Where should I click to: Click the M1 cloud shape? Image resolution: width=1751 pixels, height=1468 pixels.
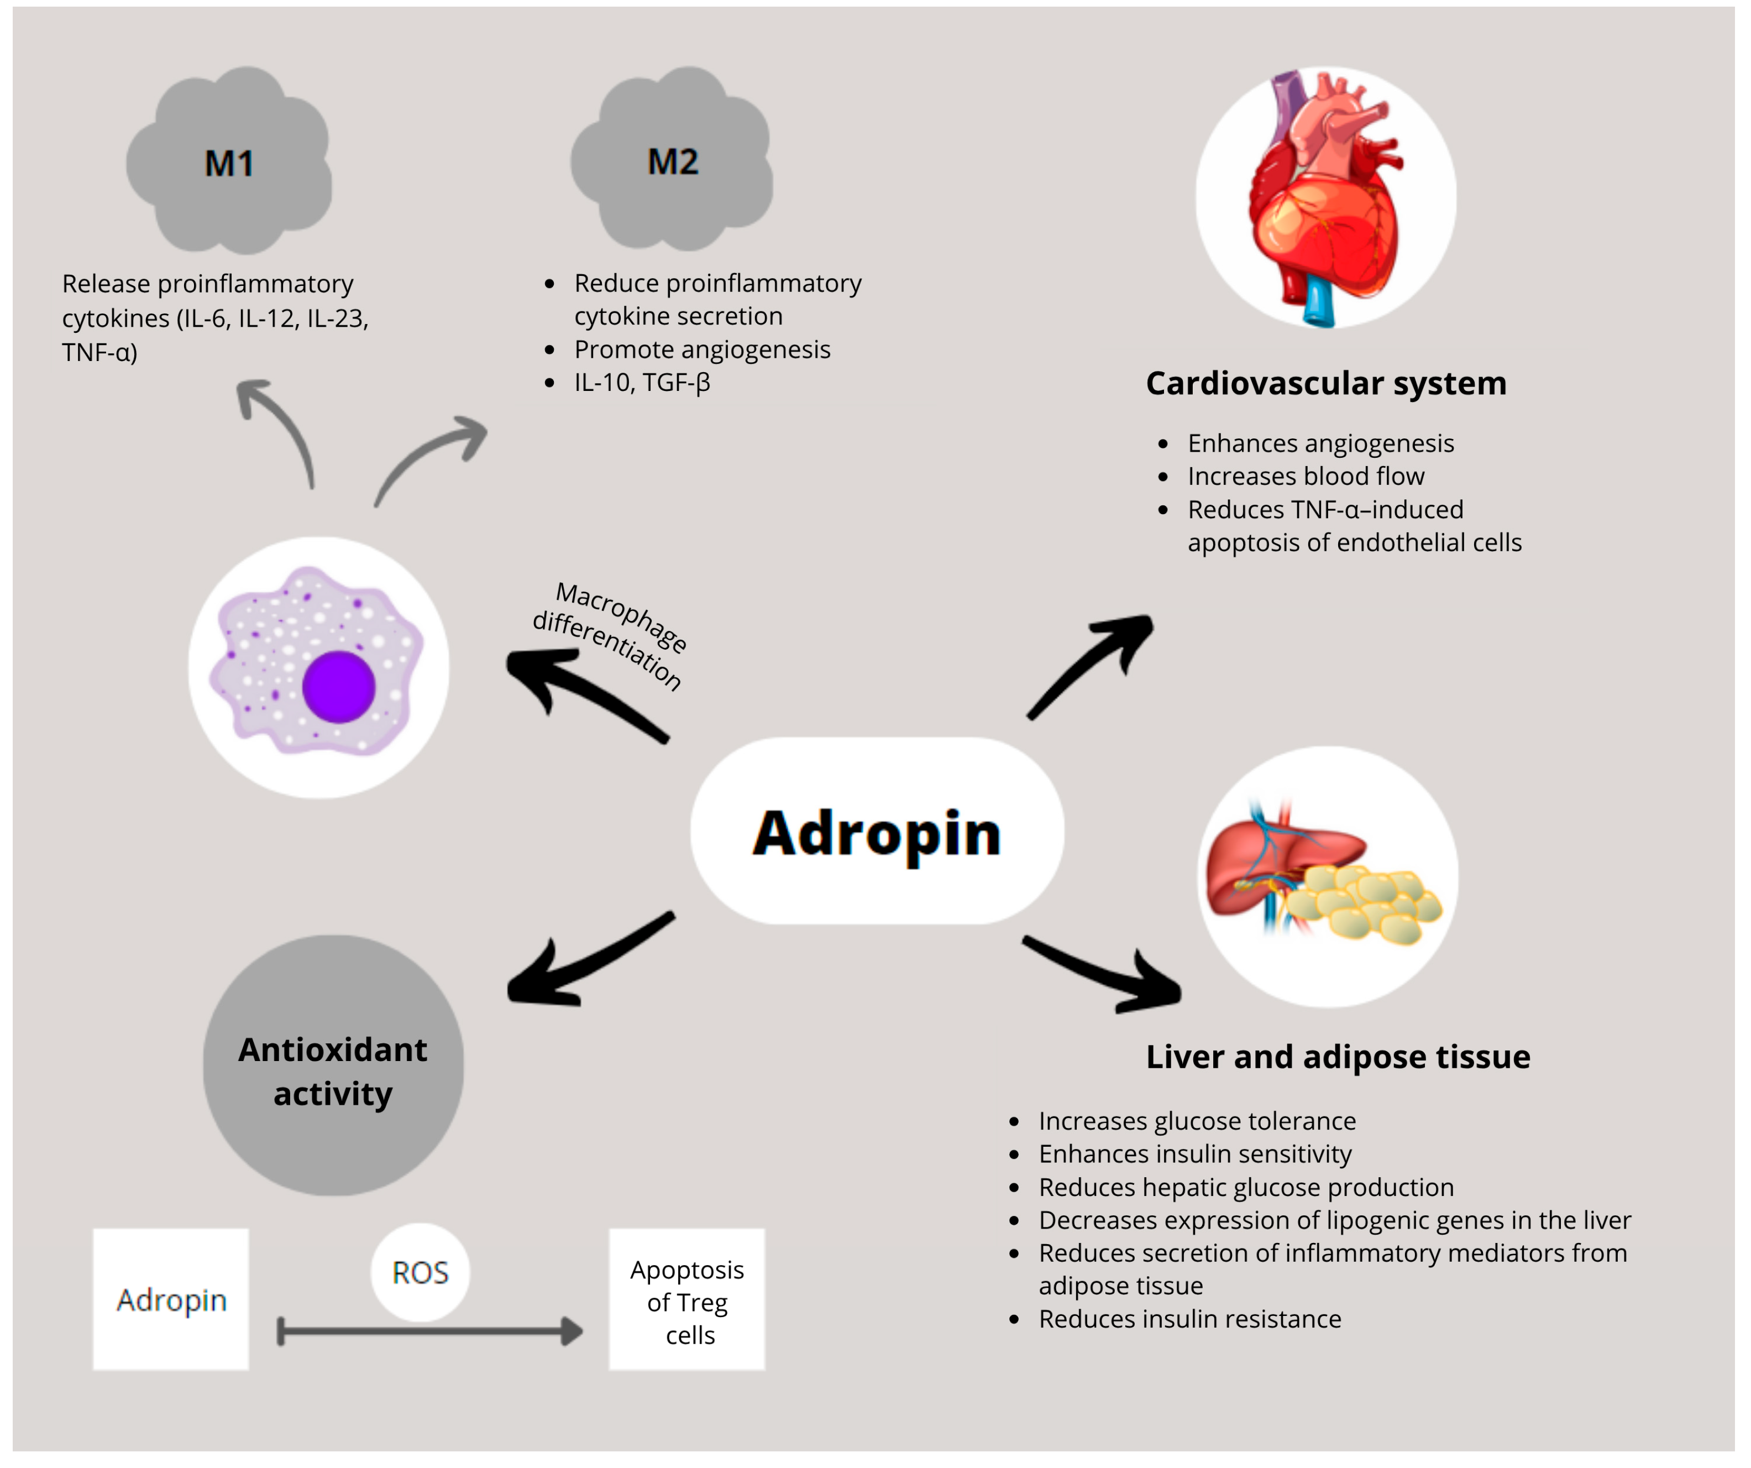(229, 163)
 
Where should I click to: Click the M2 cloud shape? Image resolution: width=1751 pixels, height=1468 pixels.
(672, 160)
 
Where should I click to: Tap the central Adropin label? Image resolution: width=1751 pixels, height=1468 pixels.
(877, 833)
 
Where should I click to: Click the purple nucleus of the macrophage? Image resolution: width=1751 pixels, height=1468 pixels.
(338, 687)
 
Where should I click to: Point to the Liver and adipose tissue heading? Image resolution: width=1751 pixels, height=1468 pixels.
(1338, 1057)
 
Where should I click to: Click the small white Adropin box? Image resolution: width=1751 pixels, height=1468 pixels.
(171, 1299)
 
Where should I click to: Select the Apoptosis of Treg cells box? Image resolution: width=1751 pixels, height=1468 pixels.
(687, 1301)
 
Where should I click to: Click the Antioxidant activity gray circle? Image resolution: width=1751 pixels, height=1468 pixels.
(333, 1068)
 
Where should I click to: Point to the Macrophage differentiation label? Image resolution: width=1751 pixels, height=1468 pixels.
(613, 634)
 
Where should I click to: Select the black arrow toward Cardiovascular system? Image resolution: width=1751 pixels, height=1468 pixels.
(1092, 663)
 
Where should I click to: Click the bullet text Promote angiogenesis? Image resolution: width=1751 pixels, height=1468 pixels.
(702, 349)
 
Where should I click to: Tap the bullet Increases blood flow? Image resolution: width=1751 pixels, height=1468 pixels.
(1306, 476)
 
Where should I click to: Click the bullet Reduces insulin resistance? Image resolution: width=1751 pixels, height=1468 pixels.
(1190, 1319)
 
